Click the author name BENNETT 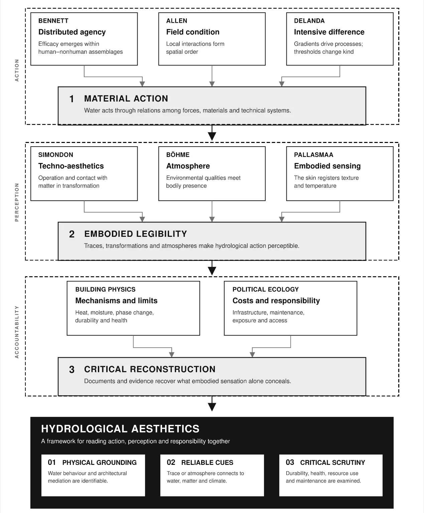53,21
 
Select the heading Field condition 193,32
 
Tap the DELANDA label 309,21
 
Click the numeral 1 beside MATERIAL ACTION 72,99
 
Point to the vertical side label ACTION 17,70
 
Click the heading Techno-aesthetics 71,166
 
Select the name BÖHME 178,155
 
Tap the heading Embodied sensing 327,166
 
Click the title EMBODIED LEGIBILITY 135,234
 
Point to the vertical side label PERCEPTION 17,202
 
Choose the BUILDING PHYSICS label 105,289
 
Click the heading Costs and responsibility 276,301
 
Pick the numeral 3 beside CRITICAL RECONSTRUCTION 72,369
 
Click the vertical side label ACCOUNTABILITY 17,332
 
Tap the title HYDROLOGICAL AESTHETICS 120,429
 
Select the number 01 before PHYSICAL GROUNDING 51,462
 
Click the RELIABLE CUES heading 207,462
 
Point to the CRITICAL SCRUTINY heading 332,462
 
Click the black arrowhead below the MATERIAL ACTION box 212,136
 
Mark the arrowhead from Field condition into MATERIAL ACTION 212,84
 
